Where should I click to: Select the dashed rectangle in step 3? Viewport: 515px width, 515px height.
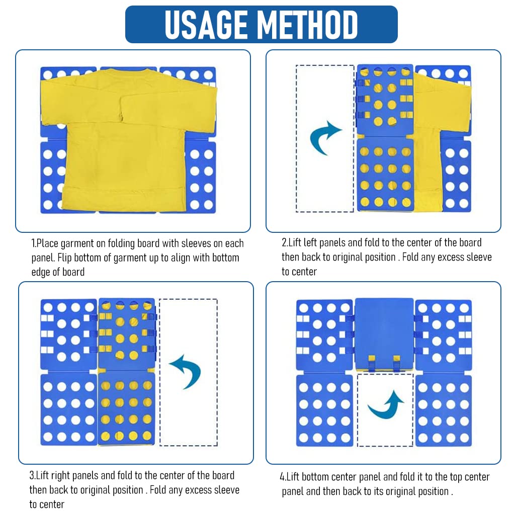click(189, 372)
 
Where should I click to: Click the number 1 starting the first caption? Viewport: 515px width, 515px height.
click(33, 244)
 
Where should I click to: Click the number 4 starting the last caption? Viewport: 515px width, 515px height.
click(282, 477)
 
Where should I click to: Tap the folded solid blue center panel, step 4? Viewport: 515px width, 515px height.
click(384, 329)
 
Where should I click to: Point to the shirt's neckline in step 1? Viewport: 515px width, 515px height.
click(128, 70)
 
